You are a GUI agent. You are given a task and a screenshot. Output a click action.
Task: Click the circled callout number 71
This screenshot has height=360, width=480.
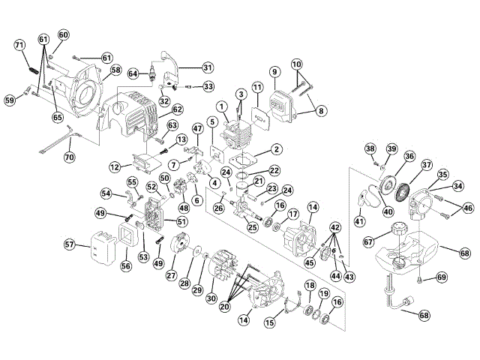[x=19, y=45]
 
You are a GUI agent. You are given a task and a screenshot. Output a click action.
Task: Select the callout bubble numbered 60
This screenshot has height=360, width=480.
[x=63, y=35]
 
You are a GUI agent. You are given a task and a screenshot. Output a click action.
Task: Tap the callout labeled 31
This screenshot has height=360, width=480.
[x=208, y=67]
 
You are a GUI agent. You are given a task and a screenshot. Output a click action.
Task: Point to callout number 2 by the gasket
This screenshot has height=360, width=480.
[x=277, y=149]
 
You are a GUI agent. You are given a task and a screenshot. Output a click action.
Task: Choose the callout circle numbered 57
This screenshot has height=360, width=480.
[x=70, y=244]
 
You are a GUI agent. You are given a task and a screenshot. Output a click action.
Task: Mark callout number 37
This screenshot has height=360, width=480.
[x=427, y=165]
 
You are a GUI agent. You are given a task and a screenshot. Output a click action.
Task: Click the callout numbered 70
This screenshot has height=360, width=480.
[x=70, y=157]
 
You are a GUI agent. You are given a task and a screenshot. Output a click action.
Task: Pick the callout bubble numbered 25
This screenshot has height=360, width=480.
[x=253, y=227]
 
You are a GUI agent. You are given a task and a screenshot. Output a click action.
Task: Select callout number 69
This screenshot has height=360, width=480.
[x=442, y=277]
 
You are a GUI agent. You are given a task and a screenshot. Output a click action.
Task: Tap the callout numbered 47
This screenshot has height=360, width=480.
[x=198, y=128]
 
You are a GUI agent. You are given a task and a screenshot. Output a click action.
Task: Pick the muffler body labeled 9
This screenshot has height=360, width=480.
[x=282, y=106]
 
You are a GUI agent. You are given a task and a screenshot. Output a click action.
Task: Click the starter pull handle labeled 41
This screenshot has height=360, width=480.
[x=362, y=199]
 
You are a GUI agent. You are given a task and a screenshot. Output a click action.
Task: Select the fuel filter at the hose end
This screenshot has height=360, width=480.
[x=408, y=301]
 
